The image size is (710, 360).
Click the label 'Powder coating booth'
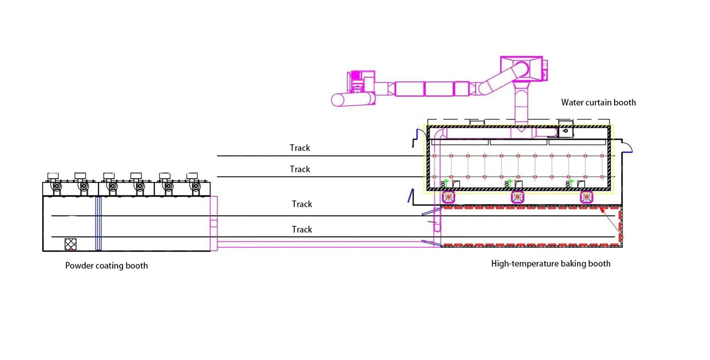point(106,265)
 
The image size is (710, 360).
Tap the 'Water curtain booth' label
point(598,103)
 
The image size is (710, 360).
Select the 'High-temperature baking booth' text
point(550,264)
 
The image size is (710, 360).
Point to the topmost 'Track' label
point(300,148)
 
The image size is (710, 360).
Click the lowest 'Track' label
point(302,229)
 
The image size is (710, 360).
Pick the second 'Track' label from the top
point(300,169)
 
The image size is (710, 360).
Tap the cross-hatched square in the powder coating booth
point(71,244)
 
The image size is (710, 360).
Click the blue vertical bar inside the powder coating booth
point(99,223)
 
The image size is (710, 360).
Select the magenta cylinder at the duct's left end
point(353,99)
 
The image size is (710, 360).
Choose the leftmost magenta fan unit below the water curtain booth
point(449,197)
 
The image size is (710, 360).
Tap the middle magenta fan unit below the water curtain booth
point(517,197)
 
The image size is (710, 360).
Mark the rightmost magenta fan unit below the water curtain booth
point(587,197)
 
